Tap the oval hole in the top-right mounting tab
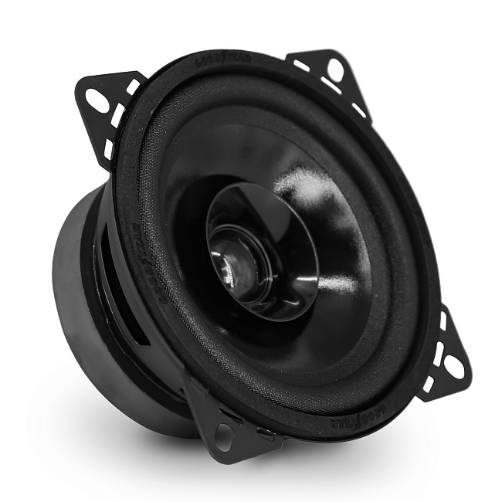coord(335,71)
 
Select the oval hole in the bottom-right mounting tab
coord(455,368)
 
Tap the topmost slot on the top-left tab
coord(132,87)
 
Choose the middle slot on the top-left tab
coord(118,116)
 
